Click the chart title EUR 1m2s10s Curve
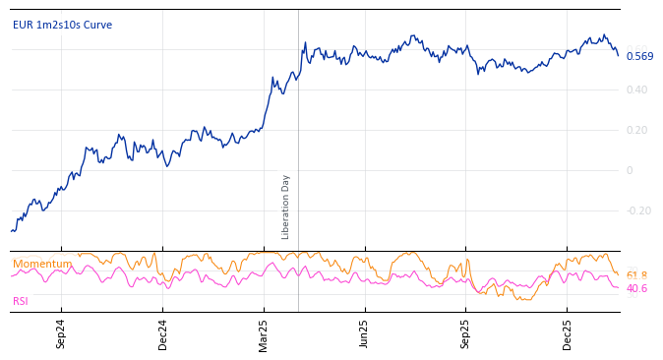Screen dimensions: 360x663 point(62,26)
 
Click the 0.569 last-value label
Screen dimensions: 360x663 point(639,57)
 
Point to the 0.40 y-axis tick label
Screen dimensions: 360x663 point(636,90)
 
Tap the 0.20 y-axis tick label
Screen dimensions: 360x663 point(636,131)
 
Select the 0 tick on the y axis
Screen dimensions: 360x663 point(630,171)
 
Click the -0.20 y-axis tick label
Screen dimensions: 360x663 point(638,211)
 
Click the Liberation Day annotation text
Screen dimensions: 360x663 point(286,207)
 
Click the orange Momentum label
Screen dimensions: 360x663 point(41,264)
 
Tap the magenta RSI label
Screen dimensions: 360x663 point(21,302)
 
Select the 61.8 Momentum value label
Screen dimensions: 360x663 point(636,276)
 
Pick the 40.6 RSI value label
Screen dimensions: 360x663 point(636,289)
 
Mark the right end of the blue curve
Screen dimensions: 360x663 point(619,55)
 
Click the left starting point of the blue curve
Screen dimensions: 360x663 point(11,231)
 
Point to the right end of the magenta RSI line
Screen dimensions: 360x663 point(619,287)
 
